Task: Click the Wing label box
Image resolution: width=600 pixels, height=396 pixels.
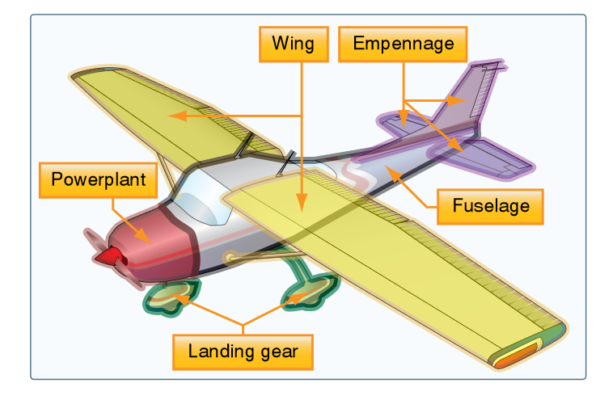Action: [292, 43]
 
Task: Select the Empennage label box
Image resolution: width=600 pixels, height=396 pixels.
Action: [403, 43]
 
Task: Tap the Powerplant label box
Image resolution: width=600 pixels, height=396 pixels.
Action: [98, 179]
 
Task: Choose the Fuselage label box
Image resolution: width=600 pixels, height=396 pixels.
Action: [491, 206]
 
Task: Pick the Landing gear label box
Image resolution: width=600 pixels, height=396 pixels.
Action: [243, 352]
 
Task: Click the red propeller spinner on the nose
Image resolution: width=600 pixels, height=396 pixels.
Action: [108, 257]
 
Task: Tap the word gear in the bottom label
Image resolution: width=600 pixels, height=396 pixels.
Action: [273, 352]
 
